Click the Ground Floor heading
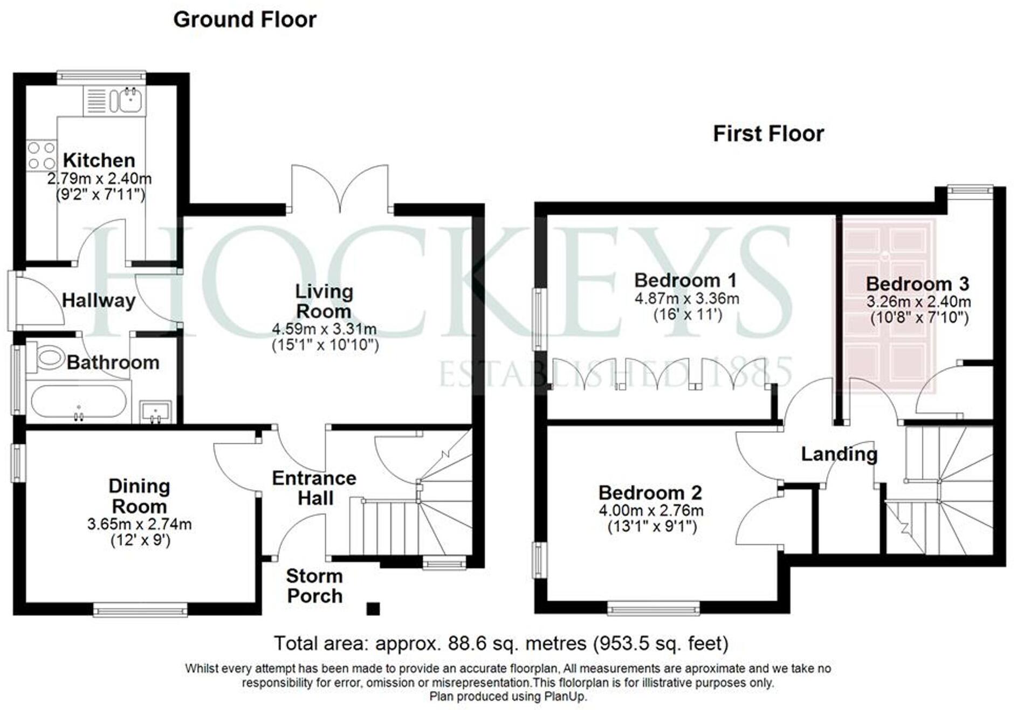coord(245,20)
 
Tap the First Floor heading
coord(768,134)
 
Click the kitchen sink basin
coord(130,101)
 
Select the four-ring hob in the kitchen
coord(42,155)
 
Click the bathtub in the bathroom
coord(78,401)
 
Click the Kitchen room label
coord(99,161)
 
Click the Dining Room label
coord(139,496)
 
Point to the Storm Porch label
coord(315,586)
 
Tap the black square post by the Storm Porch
coord(373,609)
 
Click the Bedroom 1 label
coord(685,280)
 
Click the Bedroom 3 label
coord(918,284)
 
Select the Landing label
coord(839,455)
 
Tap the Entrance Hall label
coord(314,488)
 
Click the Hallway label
coord(99,301)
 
